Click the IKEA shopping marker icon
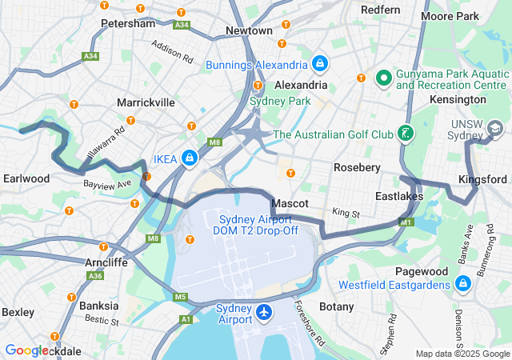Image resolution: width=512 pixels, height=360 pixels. (190, 158)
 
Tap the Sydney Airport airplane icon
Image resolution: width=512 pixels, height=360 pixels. (264, 313)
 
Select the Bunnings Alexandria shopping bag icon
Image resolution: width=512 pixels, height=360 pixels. (319, 63)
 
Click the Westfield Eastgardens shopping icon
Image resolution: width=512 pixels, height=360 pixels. (462, 284)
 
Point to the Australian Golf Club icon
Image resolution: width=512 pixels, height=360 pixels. (407, 134)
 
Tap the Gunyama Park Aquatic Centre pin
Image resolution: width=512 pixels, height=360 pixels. (383, 78)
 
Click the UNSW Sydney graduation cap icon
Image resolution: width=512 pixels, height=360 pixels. (495, 128)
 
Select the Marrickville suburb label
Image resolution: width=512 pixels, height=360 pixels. (146, 102)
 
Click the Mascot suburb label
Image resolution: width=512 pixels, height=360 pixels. (290, 204)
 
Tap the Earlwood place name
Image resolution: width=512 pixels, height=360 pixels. (26, 178)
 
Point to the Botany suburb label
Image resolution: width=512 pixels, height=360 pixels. (336, 306)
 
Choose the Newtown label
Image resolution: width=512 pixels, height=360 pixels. (249, 30)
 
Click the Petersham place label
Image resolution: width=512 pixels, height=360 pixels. (129, 24)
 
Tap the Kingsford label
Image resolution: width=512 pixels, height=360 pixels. (482, 178)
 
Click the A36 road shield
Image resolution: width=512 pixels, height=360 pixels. (96, 276)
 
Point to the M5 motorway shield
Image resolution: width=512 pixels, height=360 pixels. (180, 298)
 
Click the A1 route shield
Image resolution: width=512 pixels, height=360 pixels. (186, 319)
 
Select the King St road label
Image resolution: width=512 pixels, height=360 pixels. (346, 214)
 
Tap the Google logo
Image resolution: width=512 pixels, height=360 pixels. (26, 350)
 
